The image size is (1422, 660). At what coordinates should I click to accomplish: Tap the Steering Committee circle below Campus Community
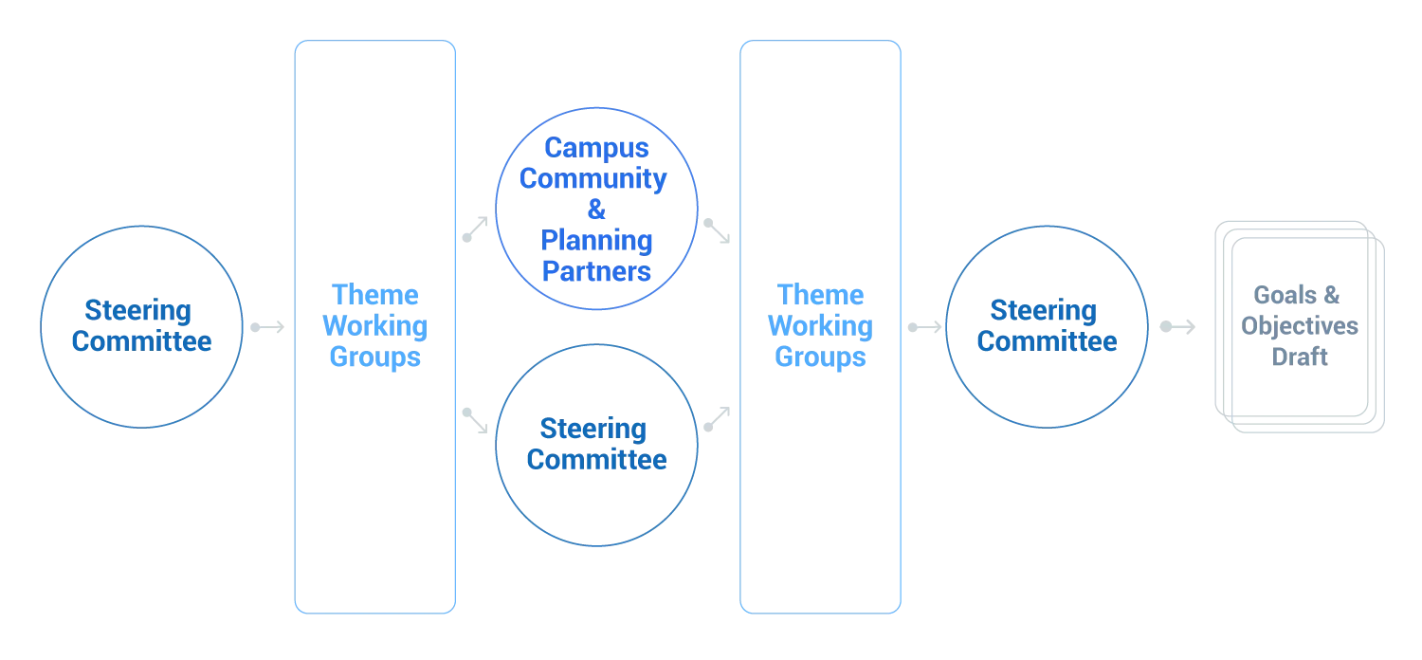point(595,444)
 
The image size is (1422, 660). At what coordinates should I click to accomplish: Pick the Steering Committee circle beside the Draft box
point(1048,325)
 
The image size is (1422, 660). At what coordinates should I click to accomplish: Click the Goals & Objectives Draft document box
point(1301,327)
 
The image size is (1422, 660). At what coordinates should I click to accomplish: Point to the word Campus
point(595,150)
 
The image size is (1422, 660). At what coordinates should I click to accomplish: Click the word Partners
point(595,272)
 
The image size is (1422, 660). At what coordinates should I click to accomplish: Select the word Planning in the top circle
point(595,241)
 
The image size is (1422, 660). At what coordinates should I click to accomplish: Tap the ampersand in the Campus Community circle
point(595,211)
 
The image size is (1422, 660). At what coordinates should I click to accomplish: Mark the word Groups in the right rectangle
point(819,358)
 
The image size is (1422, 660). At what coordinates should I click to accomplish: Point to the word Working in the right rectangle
point(819,327)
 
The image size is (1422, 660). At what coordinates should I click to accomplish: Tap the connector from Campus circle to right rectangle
point(718,231)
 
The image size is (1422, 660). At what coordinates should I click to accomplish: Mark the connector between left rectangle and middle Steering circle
point(477,421)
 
